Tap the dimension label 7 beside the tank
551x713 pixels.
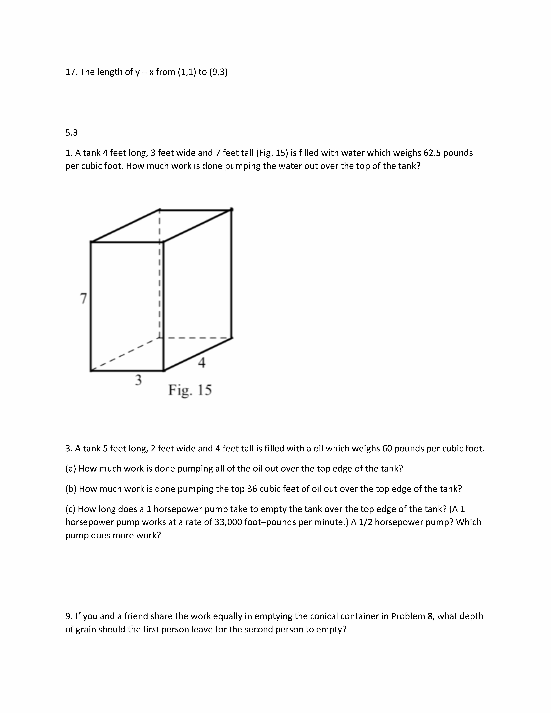pos(84,298)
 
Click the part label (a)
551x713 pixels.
pos(71,468)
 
